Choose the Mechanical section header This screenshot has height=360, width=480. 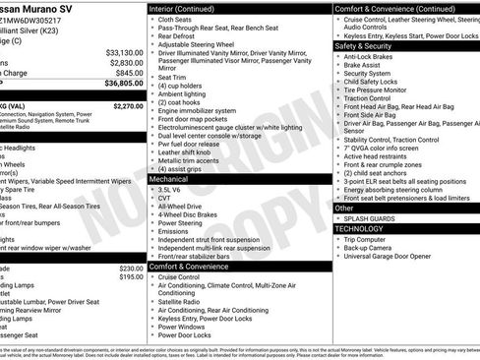point(169,180)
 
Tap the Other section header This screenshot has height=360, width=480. point(345,209)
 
